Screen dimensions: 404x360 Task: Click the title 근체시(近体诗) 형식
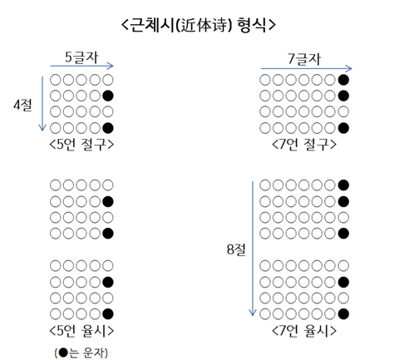coord(199,25)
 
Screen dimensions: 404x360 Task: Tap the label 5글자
coord(81,57)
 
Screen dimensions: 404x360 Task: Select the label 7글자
coord(304,59)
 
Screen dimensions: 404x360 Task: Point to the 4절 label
coord(22,105)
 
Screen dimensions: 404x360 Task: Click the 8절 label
coord(236,249)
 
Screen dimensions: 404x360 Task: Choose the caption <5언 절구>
coord(81,145)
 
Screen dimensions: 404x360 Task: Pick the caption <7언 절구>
coord(304,145)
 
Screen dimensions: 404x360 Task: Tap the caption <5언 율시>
coord(81,330)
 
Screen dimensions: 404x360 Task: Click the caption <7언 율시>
coord(304,330)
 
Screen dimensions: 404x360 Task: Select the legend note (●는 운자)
coord(81,353)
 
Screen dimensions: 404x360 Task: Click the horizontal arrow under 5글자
coord(82,66)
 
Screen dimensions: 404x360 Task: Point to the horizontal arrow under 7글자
coord(306,68)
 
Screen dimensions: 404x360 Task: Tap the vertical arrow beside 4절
coord(42,103)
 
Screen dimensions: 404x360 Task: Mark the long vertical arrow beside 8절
coord(253,249)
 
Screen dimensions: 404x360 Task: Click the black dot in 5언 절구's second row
coord(108,96)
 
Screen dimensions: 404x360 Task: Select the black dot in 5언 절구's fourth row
coord(108,128)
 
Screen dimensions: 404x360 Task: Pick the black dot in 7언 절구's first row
coord(343,80)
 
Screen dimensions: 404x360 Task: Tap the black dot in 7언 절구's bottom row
coord(343,128)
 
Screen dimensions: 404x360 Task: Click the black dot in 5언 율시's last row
coord(108,314)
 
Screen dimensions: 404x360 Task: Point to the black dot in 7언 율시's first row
coord(343,185)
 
